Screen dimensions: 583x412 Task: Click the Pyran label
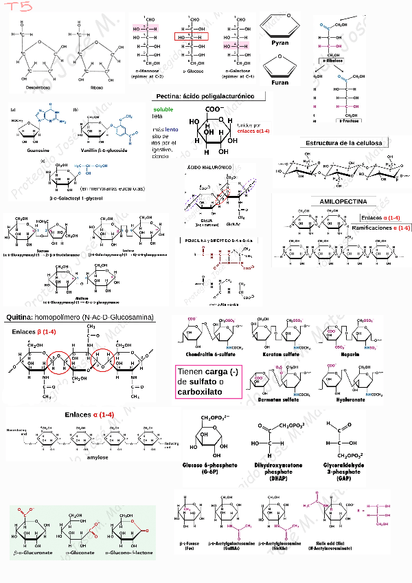tap(279, 43)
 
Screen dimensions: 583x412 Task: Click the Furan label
tap(279, 82)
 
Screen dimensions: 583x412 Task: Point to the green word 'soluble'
tap(163, 109)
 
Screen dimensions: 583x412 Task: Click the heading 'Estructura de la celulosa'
tap(347, 143)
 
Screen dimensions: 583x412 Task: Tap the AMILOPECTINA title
tap(343, 201)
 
